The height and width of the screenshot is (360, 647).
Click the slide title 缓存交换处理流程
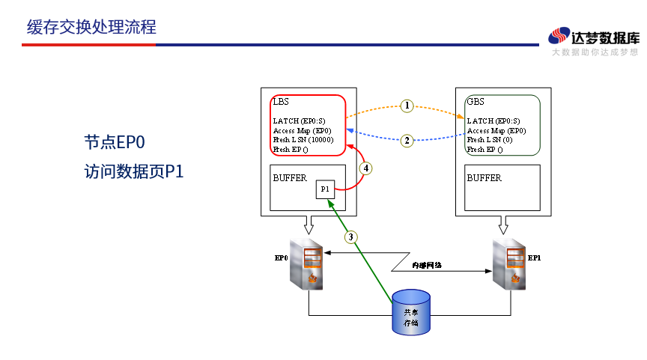click(91, 28)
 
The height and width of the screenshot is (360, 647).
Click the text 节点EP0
click(114, 142)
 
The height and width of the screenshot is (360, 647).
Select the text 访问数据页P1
click(134, 171)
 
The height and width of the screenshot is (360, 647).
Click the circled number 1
click(406, 106)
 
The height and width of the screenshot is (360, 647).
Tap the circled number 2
click(406, 140)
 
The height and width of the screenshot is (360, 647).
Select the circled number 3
click(351, 237)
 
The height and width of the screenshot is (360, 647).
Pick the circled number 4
click(365, 168)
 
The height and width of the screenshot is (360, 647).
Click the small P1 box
click(325, 189)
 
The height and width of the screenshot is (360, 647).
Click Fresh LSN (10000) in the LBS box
click(303, 140)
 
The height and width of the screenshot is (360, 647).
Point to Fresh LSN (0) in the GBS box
click(490, 140)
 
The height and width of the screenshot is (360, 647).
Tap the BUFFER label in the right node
click(484, 178)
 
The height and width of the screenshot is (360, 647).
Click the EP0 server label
click(282, 258)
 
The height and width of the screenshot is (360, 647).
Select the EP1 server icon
click(511, 266)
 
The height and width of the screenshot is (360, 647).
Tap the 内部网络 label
click(427, 265)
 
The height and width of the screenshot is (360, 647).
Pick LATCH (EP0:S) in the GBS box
click(493, 120)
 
